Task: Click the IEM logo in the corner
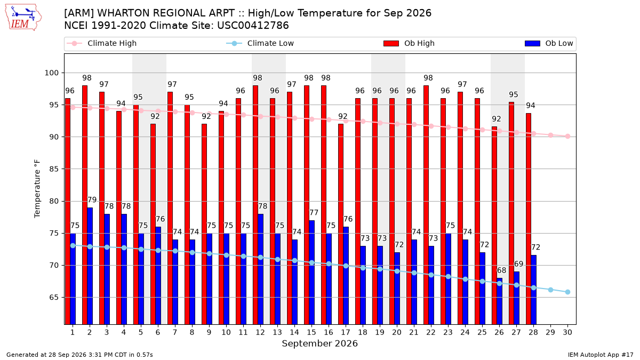(23, 17)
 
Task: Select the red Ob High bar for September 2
(85, 205)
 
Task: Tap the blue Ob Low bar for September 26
(499, 301)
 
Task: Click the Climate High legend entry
(101, 43)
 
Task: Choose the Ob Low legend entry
(549, 43)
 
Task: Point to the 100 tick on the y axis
(51, 73)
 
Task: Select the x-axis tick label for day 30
(567, 332)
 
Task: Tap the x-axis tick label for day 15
(311, 332)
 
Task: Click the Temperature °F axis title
(37, 189)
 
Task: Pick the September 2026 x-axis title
(319, 343)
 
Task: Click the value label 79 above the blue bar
(92, 199)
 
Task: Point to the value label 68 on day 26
(501, 270)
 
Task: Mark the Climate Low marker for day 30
(567, 292)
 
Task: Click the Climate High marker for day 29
(550, 135)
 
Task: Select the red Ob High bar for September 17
(341, 224)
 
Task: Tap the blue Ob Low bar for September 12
(261, 269)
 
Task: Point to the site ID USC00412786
(253, 26)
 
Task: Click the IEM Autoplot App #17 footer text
(601, 355)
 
